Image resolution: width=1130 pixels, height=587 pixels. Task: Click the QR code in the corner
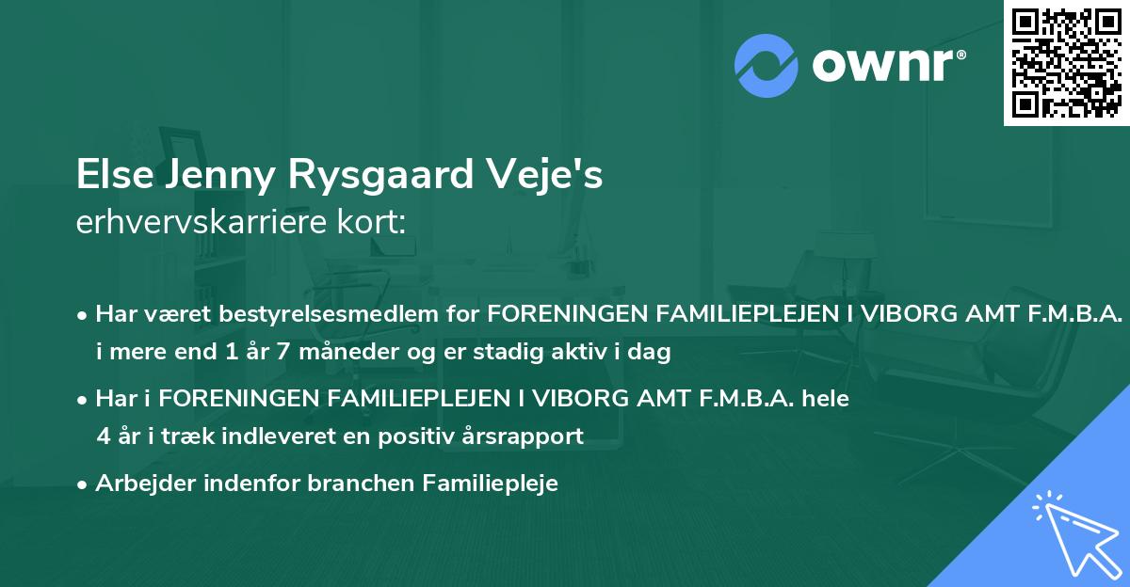pyautogui.click(x=1067, y=62)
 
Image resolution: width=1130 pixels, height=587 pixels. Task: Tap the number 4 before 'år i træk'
pyautogui.click(x=103, y=436)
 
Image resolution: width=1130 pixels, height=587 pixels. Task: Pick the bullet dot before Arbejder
pyautogui.click(x=84, y=484)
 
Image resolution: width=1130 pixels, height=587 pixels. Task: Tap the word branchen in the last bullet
pyautogui.click(x=369, y=483)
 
